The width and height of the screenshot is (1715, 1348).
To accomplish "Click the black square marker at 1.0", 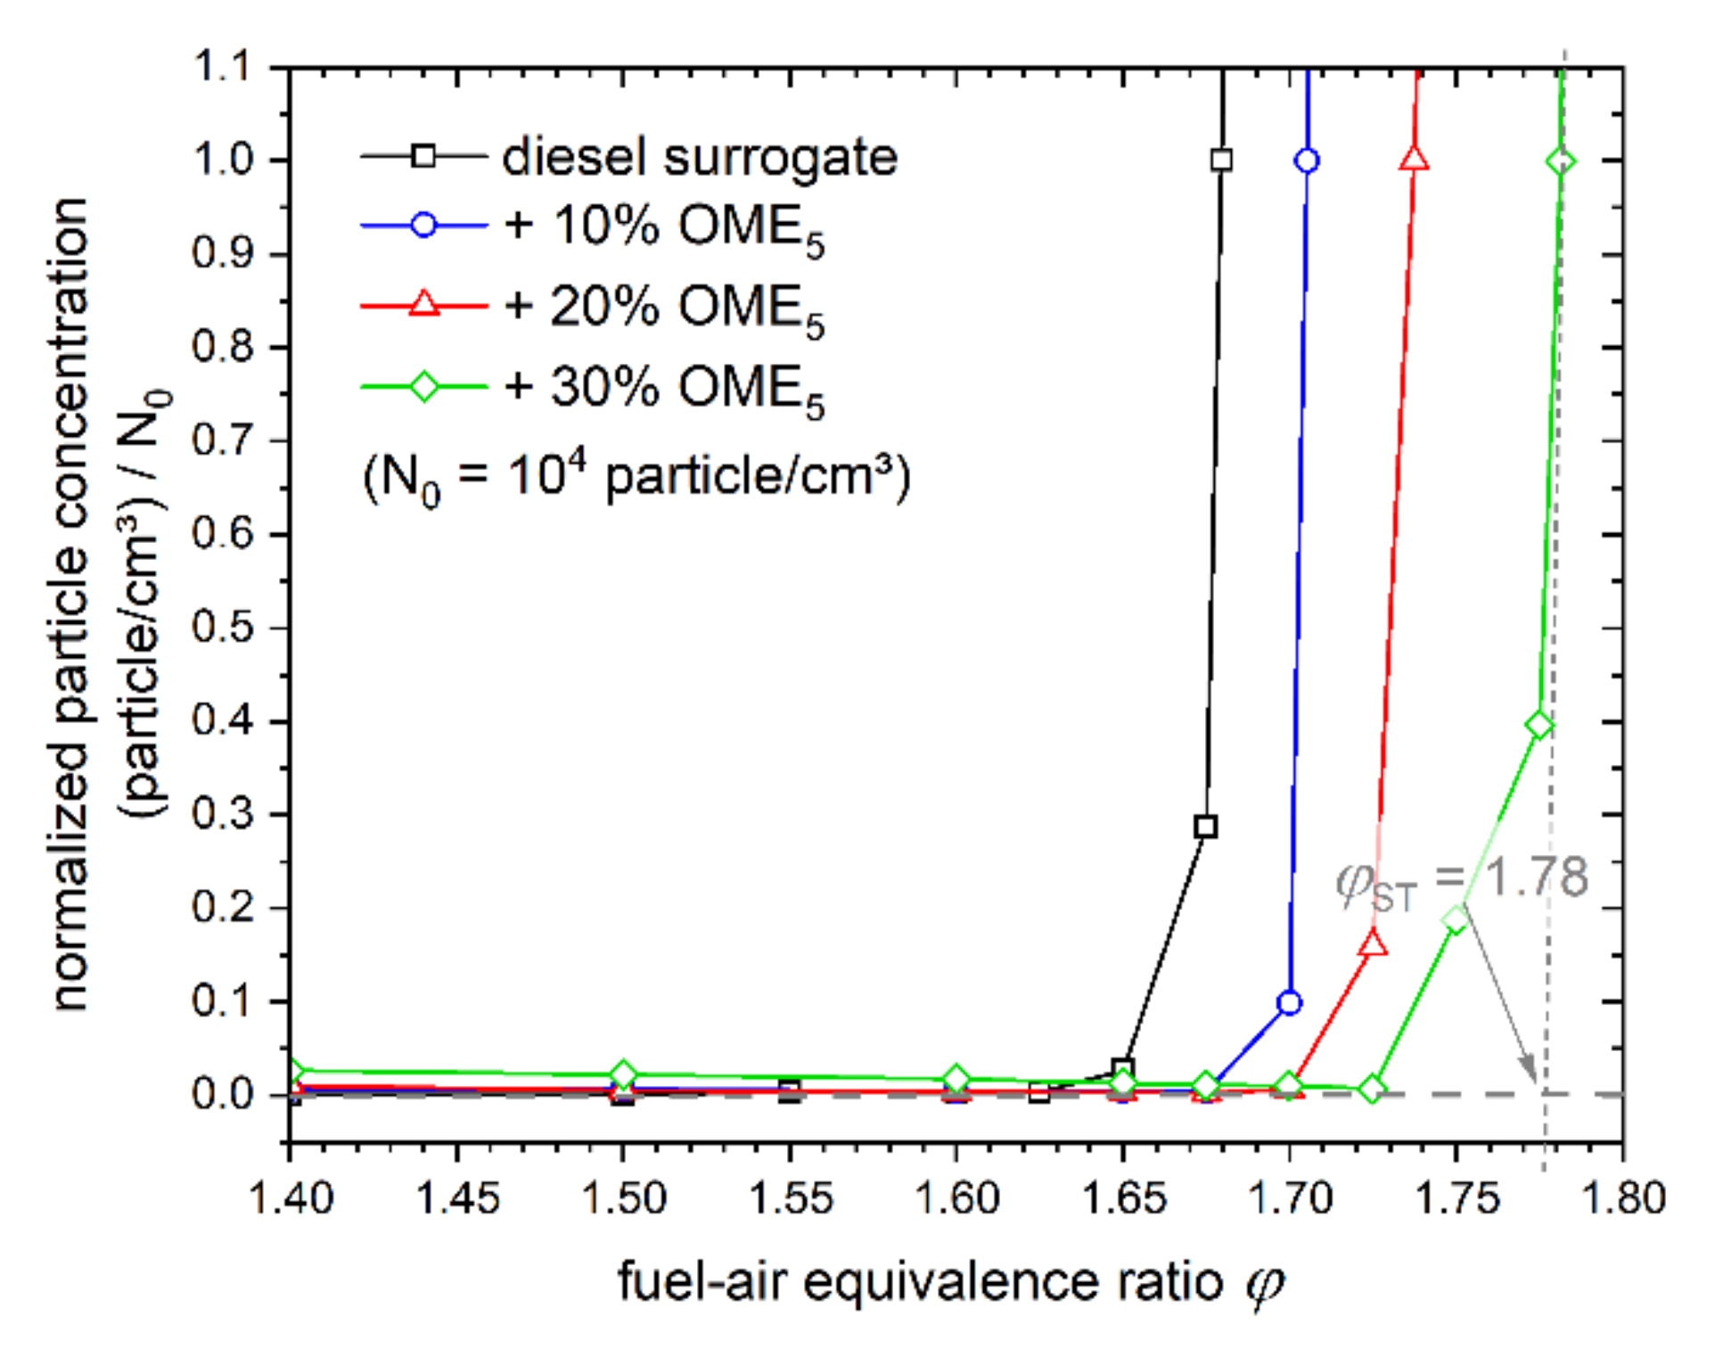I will click(1221, 160).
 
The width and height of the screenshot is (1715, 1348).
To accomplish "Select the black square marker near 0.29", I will click(1205, 826).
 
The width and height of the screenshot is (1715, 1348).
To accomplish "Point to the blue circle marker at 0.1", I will click(1289, 1003).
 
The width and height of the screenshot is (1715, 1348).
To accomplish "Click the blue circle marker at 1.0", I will click(1307, 161).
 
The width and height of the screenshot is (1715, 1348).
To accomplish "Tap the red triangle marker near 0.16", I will click(1374, 944).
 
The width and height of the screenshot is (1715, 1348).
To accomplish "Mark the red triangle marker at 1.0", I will click(1414, 160).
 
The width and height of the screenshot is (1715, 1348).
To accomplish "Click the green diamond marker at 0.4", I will click(1539, 725).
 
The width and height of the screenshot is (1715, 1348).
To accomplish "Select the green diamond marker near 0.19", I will click(1457, 920).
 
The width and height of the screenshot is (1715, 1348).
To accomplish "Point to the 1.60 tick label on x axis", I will click(956, 1197).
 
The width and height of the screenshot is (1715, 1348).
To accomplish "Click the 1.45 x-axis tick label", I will click(457, 1197).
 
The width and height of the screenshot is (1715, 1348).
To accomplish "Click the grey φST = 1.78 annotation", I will click(1462, 881).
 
